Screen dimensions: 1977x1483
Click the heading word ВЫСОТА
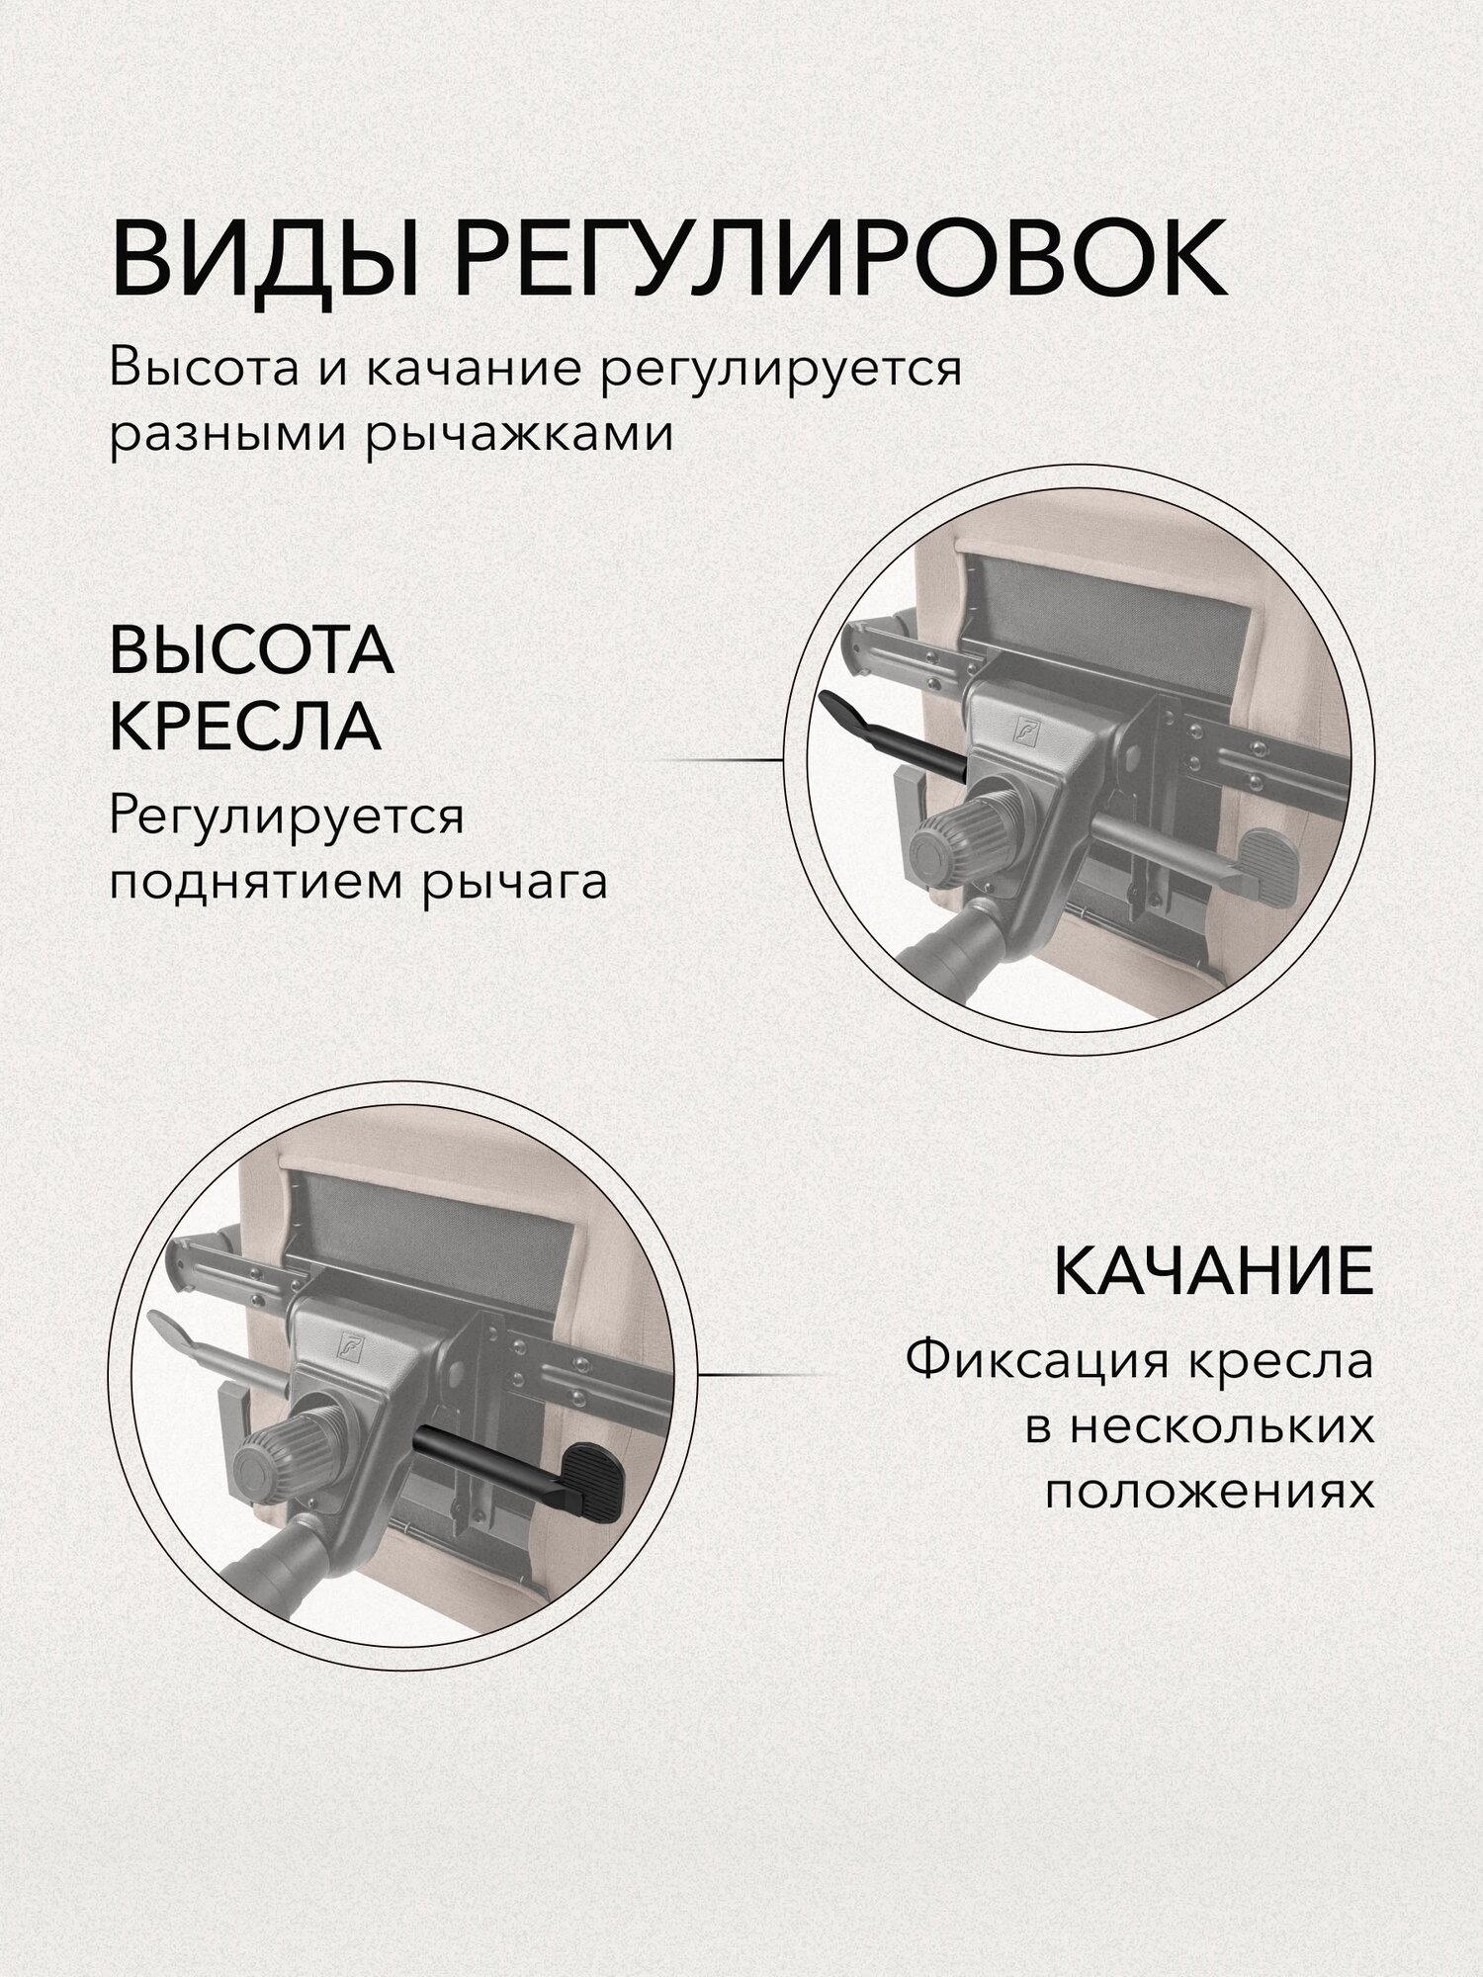pos(251,652)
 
